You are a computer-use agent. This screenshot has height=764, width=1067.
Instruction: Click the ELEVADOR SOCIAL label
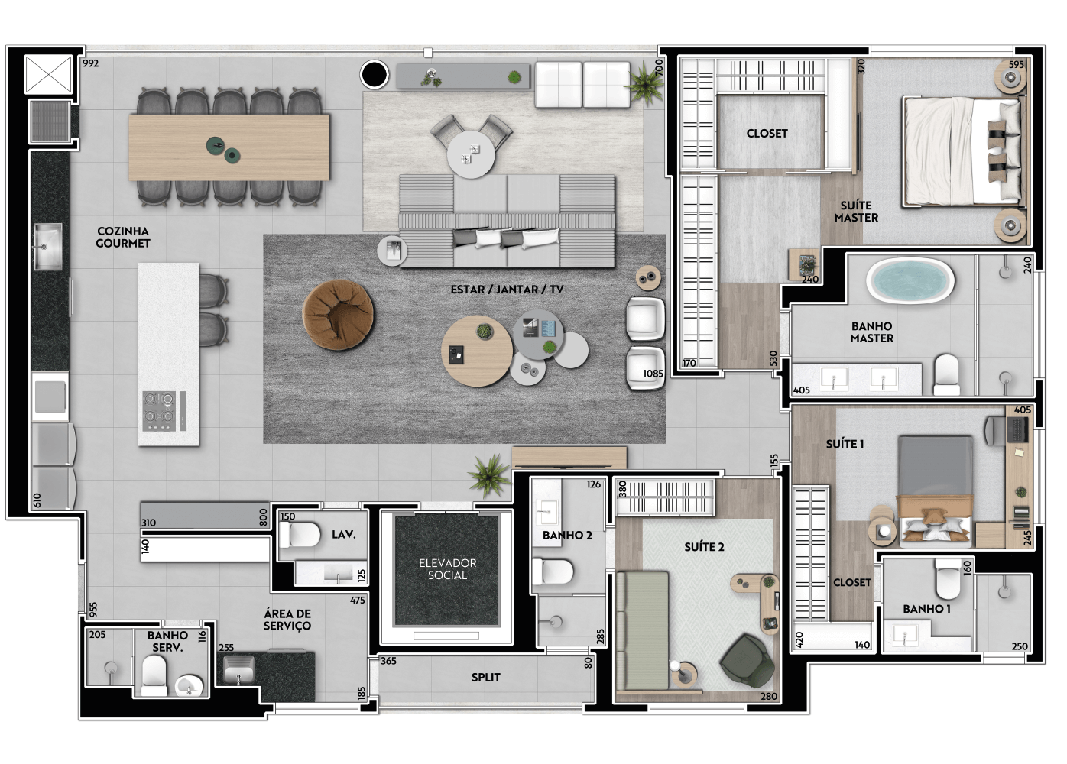tap(447, 569)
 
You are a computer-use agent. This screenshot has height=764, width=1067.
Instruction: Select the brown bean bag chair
tap(338, 315)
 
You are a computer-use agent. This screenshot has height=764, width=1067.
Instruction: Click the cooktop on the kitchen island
tap(159, 410)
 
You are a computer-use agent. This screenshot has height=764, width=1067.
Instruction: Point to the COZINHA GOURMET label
tap(123, 237)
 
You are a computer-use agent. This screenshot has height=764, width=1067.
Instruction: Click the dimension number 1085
tap(653, 374)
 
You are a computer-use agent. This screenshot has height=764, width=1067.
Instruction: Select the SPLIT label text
tap(486, 677)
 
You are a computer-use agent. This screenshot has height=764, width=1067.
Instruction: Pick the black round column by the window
tap(374, 74)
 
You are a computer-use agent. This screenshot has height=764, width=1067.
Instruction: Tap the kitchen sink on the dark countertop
tap(48, 247)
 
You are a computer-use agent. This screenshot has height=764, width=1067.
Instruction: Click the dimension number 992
tap(90, 63)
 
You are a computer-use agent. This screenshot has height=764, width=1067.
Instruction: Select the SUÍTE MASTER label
tap(856, 212)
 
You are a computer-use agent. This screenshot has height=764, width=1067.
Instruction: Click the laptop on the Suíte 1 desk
tap(1018, 429)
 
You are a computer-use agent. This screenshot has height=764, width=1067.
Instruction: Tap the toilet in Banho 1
tap(948, 578)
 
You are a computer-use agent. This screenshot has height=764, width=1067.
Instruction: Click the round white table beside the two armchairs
tap(471, 154)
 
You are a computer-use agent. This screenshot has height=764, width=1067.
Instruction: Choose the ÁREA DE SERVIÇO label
tap(287, 620)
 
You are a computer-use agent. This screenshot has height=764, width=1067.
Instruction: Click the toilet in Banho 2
tap(553, 571)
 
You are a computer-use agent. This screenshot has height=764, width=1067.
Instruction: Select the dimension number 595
tap(1016, 65)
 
